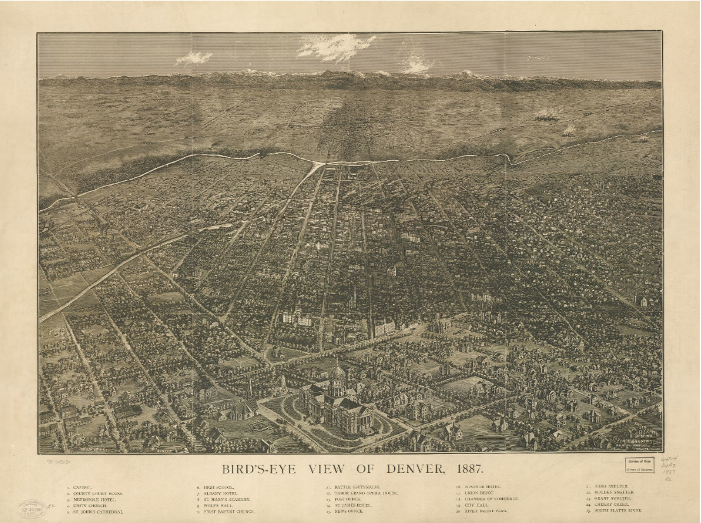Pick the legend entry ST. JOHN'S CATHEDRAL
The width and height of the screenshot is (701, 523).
click(x=99, y=511)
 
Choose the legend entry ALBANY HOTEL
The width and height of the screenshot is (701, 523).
click(x=220, y=493)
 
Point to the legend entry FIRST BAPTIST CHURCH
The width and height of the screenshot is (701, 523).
click(x=227, y=511)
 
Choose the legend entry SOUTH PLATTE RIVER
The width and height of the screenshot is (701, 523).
click(x=618, y=511)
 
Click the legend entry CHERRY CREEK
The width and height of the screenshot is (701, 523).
click(x=609, y=505)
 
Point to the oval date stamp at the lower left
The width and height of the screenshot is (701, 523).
click(x=32, y=508)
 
